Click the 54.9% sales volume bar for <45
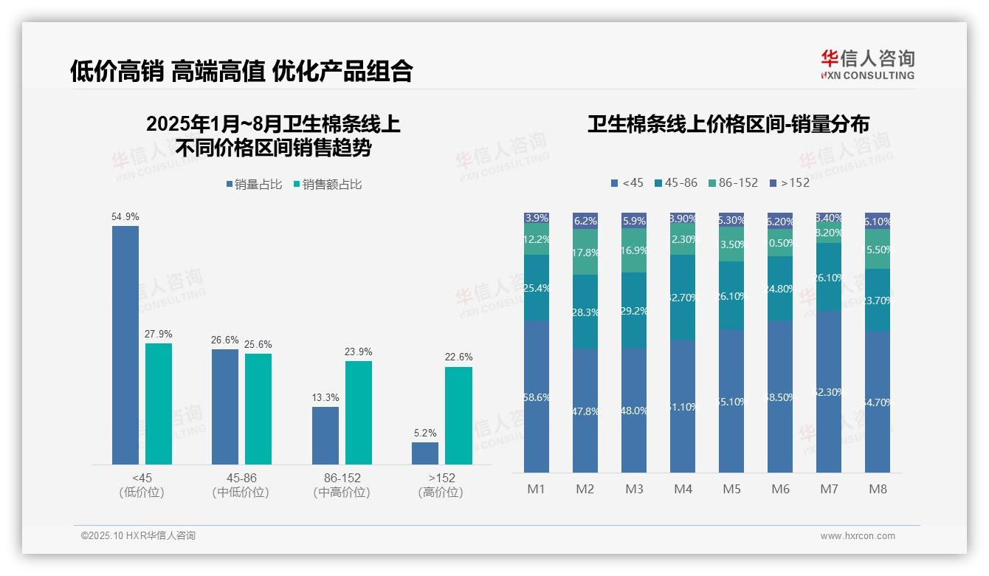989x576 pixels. [x=125, y=345]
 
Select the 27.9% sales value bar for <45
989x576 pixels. [x=159, y=403]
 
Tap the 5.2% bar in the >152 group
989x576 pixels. [x=425, y=453]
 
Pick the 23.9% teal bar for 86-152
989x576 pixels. [x=359, y=412]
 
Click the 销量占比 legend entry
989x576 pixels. [x=254, y=185]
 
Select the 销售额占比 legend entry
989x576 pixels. [x=328, y=185]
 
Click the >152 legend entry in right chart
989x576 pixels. [x=789, y=182]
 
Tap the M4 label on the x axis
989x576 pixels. [x=683, y=489]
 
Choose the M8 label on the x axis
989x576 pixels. [x=878, y=489]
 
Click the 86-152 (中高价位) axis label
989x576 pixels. [x=341, y=484]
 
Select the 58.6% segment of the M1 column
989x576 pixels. [x=537, y=397]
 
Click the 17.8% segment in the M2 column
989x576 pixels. [x=585, y=252]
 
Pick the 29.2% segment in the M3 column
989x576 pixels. [x=634, y=310]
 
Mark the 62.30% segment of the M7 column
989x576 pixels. [x=829, y=391]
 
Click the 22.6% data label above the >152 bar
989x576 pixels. [x=458, y=357]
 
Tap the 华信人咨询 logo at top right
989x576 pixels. [x=867, y=64]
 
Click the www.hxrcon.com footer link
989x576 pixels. [x=858, y=536]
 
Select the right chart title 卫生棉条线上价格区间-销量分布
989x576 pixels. [x=728, y=124]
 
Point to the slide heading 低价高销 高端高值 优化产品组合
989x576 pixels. [x=241, y=71]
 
